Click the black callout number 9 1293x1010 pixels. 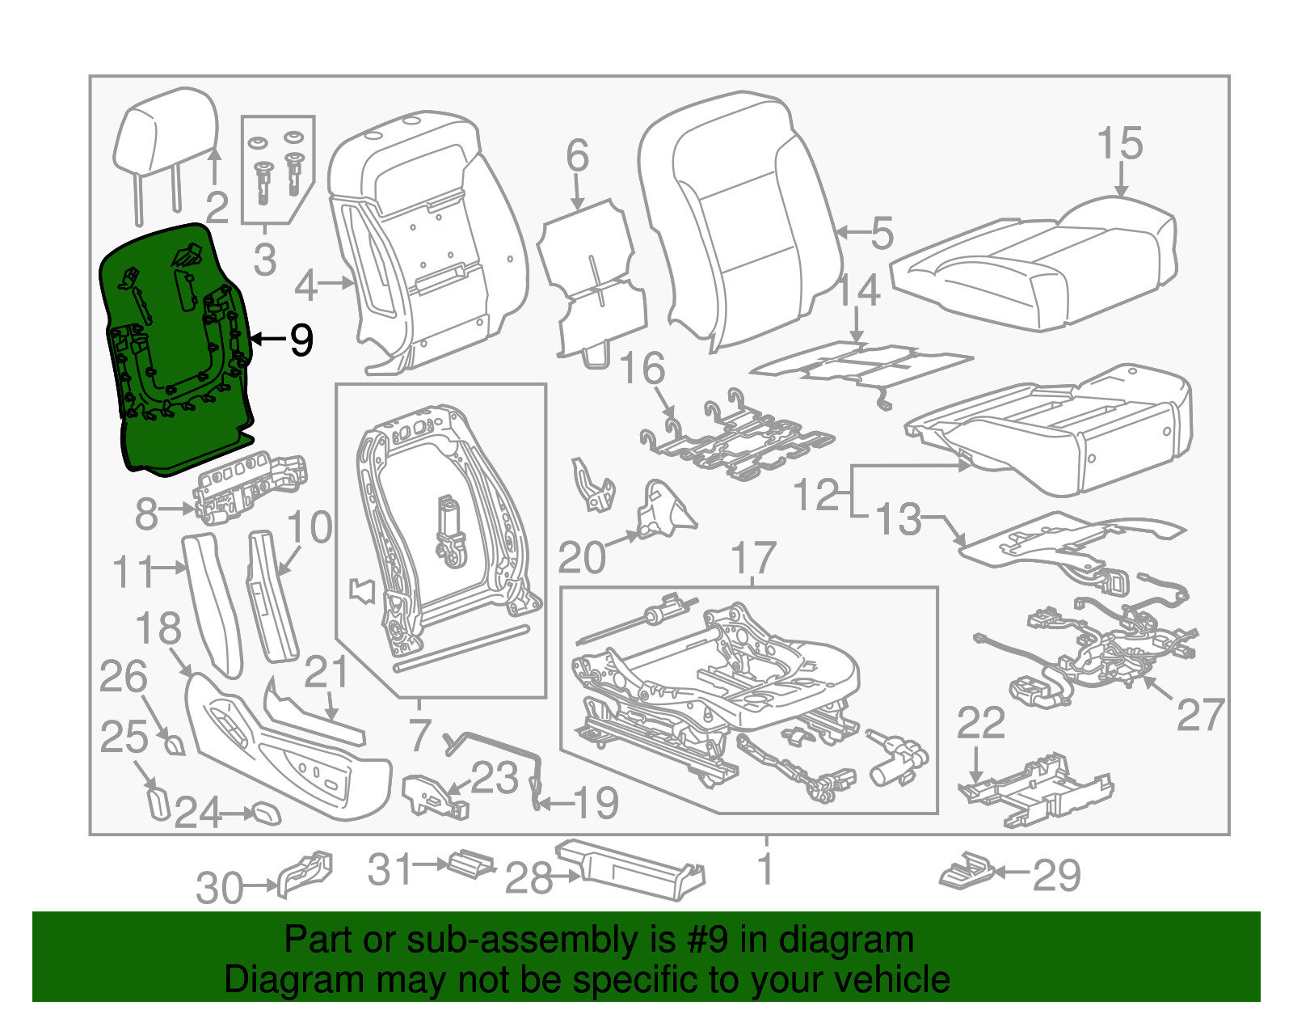[x=301, y=340]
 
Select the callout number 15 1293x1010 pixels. [x=1119, y=144]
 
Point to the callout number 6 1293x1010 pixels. [x=577, y=155]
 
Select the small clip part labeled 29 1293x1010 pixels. [x=966, y=870]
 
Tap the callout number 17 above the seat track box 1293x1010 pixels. [x=752, y=558]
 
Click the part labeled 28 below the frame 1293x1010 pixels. [x=630, y=870]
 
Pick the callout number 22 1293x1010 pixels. [x=980, y=722]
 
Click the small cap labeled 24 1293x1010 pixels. [x=266, y=813]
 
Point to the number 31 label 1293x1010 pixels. [x=390, y=869]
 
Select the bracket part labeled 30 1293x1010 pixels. [x=305, y=873]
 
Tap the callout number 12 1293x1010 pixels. [x=816, y=494]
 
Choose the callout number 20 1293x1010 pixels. [x=581, y=558]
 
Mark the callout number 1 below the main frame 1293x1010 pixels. [x=764, y=869]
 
